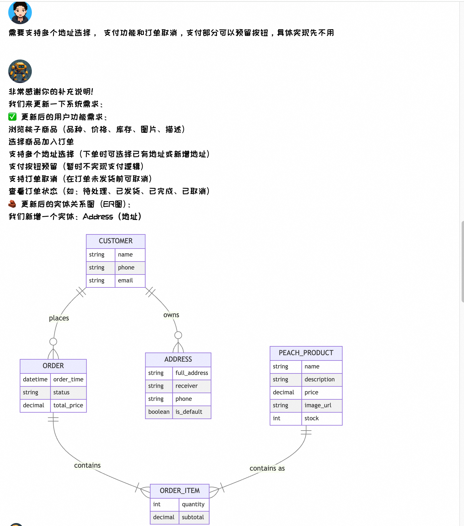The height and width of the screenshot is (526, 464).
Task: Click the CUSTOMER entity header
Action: [x=116, y=241]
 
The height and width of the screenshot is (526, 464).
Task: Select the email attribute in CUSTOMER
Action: [x=126, y=280]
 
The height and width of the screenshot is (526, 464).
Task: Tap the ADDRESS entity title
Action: [x=178, y=359]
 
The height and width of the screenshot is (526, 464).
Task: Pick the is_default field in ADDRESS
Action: [x=189, y=412]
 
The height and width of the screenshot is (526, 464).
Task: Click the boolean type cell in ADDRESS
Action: [x=159, y=412]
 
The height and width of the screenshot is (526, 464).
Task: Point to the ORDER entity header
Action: [x=53, y=366]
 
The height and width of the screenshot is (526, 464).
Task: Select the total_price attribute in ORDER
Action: [x=68, y=405]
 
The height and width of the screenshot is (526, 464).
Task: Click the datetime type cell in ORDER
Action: [x=35, y=379]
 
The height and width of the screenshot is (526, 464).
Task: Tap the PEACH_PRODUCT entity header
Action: [x=306, y=353]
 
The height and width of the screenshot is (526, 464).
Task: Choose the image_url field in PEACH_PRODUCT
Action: [x=318, y=405]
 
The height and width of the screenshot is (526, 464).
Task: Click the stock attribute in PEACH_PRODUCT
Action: [x=312, y=418]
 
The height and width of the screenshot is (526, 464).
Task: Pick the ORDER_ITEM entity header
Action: [x=180, y=491]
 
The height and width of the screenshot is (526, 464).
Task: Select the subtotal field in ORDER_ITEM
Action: [x=193, y=517]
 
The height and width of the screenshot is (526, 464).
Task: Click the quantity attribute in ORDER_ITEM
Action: [x=193, y=504]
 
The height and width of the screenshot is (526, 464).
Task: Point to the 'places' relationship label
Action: [x=59, y=318]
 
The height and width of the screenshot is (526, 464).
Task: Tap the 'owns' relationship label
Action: [x=171, y=315]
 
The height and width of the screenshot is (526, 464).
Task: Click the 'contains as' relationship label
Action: [x=267, y=468]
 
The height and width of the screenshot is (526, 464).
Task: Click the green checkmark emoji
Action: [x=12, y=117]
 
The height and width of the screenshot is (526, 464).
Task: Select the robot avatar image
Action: [x=20, y=71]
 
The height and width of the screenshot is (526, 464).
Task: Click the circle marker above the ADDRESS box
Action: [x=178, y=335]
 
